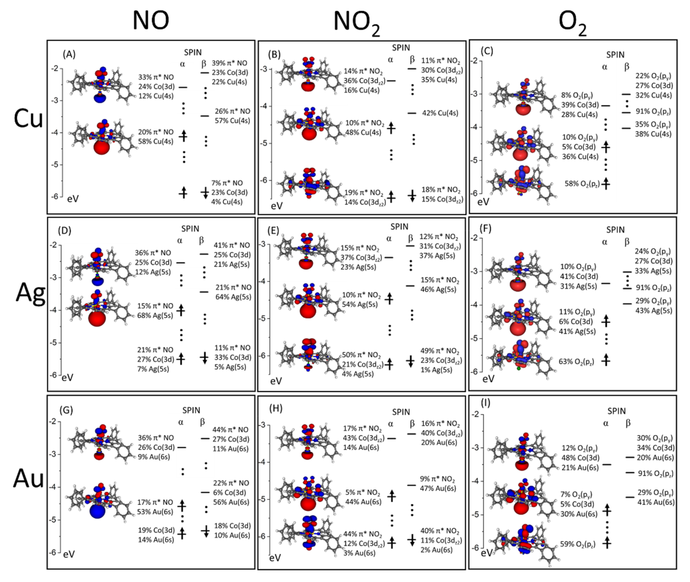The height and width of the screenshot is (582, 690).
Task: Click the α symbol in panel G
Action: pyautogui.click(x=181, y=422)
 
